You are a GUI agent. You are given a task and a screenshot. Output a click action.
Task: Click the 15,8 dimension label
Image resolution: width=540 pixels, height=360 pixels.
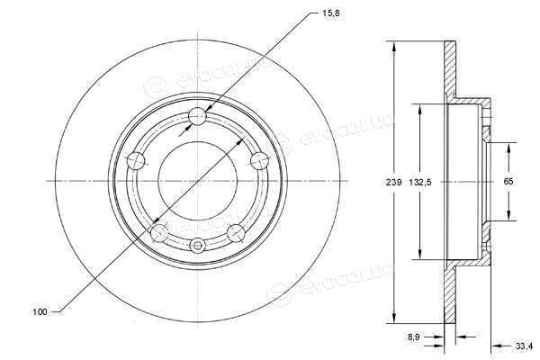click(331, 13)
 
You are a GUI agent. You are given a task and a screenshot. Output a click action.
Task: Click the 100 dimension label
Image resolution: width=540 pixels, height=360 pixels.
click(40, 312)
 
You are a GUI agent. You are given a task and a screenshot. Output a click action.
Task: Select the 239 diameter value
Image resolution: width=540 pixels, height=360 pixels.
click(393, 182)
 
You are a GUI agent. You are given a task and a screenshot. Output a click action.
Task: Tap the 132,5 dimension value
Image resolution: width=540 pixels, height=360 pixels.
click(419, 182)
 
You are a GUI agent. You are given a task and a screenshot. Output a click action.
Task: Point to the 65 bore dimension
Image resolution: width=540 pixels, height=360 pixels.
click(508, 181)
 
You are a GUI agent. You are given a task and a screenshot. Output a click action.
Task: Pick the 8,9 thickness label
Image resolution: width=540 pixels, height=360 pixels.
click(414, 337)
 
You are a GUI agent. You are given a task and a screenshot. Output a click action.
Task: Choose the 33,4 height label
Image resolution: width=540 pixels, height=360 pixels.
click(524, 346)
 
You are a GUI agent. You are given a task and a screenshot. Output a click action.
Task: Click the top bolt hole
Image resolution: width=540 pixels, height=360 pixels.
click(198, 116)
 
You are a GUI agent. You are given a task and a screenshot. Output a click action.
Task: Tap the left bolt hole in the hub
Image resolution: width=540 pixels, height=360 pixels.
click(136, 161)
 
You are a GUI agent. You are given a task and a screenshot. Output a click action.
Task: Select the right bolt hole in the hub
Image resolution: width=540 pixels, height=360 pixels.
click(259, 160)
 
